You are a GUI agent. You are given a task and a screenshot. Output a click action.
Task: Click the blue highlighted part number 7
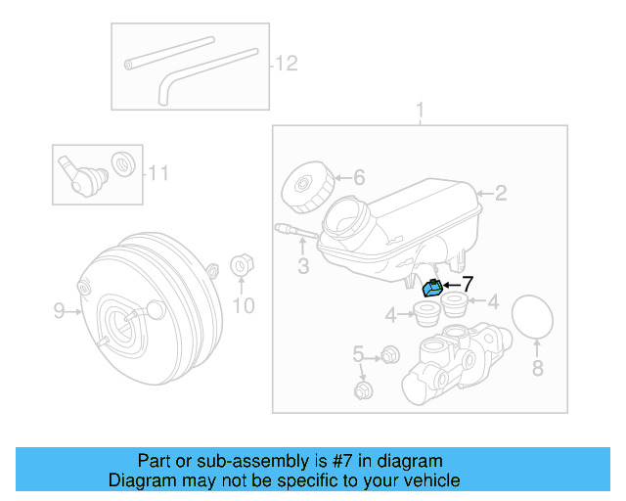(430, 288)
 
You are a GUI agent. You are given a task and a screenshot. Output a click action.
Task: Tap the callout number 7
(467, 284)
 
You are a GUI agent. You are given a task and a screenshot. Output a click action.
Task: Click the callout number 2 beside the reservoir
(500, 193)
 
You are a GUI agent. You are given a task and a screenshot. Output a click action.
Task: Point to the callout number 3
(302, 265)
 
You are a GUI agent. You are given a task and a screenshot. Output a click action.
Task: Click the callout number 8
(536, 368)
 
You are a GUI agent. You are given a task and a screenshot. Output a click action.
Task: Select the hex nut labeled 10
(241, 266)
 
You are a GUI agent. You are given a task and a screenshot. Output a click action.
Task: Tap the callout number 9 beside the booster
(59, 311)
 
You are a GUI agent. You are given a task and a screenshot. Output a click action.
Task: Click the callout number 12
(285, 64)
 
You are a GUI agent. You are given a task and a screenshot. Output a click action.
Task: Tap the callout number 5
(358, 353)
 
